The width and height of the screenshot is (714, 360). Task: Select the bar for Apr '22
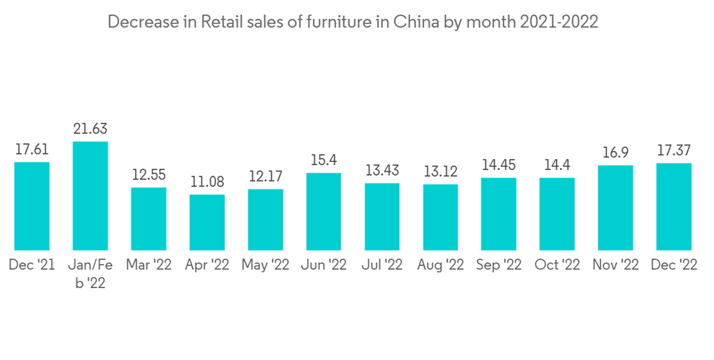207,221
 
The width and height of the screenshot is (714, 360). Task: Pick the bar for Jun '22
323,211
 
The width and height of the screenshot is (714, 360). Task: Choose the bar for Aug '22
441,216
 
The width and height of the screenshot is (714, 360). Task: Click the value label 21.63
90,129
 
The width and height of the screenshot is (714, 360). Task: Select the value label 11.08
207,182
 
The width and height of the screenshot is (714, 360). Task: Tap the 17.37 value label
674,151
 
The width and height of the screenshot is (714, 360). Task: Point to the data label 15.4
323,161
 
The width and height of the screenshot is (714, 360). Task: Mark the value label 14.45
498,166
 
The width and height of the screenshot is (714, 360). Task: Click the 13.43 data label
382,171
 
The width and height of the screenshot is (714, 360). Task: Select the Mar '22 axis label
149,265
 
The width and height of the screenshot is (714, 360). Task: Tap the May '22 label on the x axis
265,265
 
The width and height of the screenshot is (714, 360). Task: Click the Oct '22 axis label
557,265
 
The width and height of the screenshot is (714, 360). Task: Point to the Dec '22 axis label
674,265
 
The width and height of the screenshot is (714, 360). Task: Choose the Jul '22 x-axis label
382,265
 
